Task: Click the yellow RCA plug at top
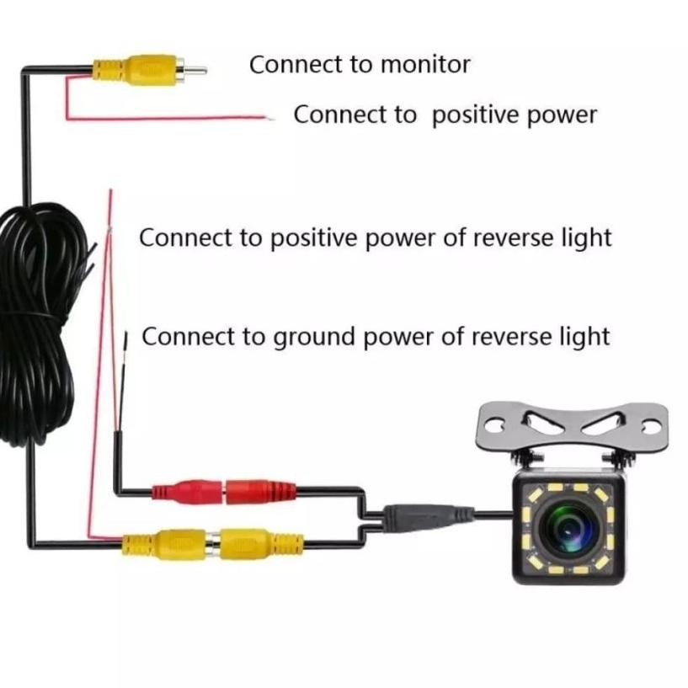[x=139, y=67]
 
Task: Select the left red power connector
[x=186, y=490]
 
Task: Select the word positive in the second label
[x=477, y=115]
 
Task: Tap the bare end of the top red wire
[x=269, y=117]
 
